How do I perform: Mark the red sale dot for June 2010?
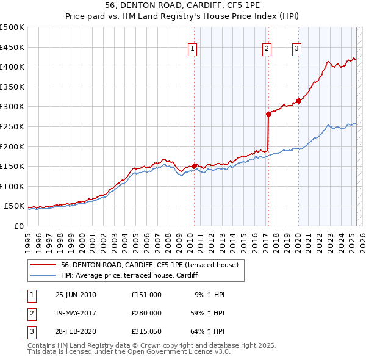click(x=195, y=166)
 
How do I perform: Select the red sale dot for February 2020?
click(x=298, y=101)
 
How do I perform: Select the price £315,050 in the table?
click(x=146, y=332)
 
